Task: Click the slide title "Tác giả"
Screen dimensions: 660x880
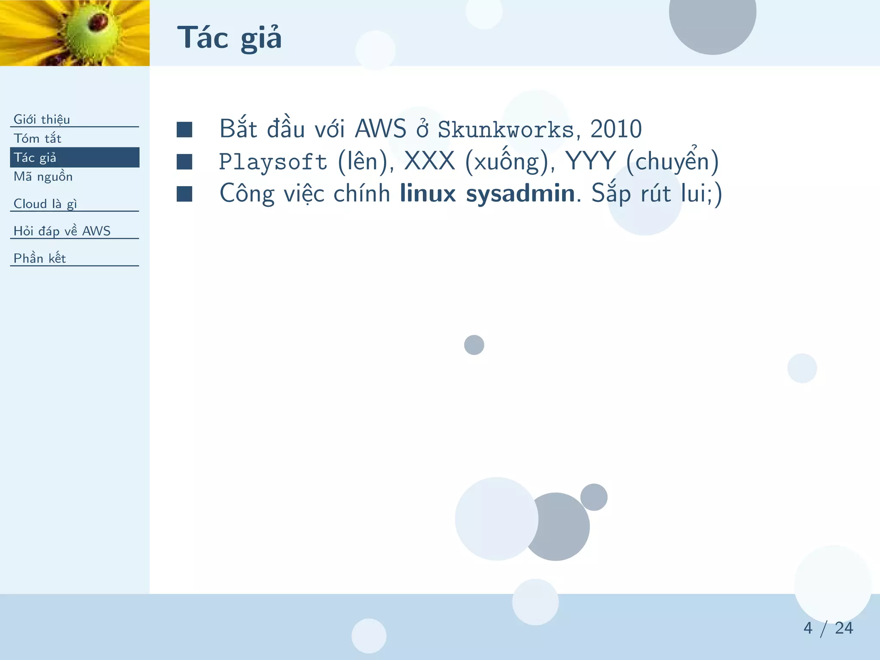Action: [x=229, y=38]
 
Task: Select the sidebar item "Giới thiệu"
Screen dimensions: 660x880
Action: [x=42, y=119]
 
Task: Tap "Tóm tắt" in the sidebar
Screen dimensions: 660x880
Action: [x=37, y=138]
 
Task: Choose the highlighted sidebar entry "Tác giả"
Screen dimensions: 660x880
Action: [x=35, y=157]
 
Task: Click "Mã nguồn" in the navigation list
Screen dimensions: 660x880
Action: [x=43, y=177]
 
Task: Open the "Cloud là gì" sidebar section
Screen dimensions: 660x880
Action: [x=45, y=204]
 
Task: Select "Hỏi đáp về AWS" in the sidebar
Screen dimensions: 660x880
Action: [x=62, y=231]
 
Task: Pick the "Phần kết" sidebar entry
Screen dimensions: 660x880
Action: [x=40, y=258]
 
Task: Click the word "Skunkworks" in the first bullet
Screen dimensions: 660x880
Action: [x=506, y=129]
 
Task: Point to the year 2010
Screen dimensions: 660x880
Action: [x=616, y=129]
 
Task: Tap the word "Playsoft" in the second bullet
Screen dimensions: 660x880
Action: [x=273, y=162]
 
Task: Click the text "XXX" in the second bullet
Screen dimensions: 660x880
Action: [x=429, y=161]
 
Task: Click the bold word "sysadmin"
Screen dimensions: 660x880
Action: [x=520, y=193]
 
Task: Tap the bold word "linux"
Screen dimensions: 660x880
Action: [x=428, y=193]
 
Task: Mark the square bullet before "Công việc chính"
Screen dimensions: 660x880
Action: [x=184, y=194]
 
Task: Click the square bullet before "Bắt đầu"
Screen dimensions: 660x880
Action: [x=184, y=129]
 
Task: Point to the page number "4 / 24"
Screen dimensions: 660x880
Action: [x=828, y=628]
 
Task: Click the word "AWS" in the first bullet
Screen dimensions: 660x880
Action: [x=380, y=129]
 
